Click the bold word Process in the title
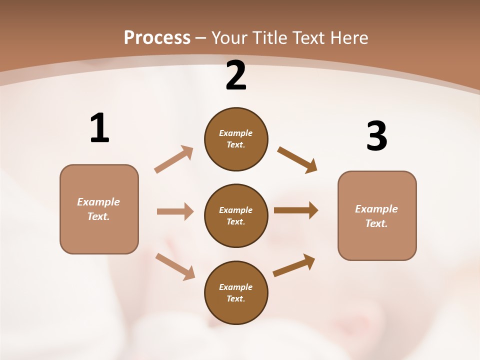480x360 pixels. (x=157, y=38)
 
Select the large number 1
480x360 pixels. (x=99, y=128)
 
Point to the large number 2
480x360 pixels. (x=236, y=76)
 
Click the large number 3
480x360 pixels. (x=376, y=136)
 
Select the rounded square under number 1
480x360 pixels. (x=99, y=209)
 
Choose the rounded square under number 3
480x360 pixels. (x=377, y=215)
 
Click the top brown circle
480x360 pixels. (x=236, y=139)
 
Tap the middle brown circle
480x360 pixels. (x=236, y=215)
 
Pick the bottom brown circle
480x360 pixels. (x=236, y=292)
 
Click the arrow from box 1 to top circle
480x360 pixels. (x=174, y=159)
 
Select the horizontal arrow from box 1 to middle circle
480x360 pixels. (x=175, y=211)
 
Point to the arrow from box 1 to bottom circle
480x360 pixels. (x=175, y=266)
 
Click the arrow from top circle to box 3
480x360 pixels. (x=297, y=160)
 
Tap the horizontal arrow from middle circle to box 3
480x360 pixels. (x=296, y=210)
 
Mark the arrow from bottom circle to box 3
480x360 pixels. (x=294, y=265)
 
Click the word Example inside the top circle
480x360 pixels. (x=236, y=133)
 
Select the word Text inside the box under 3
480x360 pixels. (x=376, y=223)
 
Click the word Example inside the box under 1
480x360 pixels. (x=98, y=202)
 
